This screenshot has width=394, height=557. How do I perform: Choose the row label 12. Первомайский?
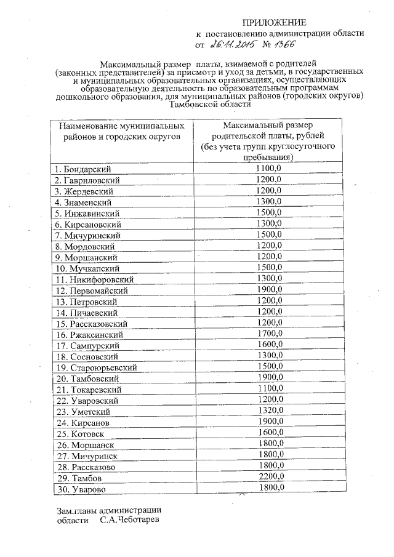tap(85, 291)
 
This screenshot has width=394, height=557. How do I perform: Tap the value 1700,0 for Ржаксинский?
tap(269, 334)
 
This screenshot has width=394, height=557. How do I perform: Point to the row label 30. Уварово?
tap(78, 489)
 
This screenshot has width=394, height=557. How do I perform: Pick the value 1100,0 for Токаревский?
tap(269, 389)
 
